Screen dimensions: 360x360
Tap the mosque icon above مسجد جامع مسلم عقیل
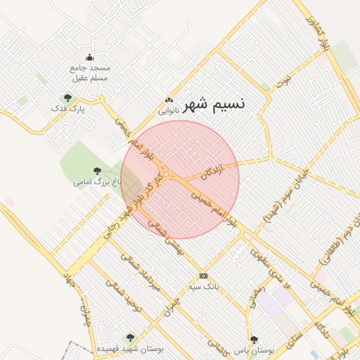[89, 58]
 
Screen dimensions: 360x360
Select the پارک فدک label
[67, 109]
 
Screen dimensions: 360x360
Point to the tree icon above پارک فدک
[67, 98]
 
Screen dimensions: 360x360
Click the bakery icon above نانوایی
[168, 101]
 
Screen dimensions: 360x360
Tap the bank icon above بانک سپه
[204, 276]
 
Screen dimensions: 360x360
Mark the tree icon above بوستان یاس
[254, 340]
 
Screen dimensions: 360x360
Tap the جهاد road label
[68, 283]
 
